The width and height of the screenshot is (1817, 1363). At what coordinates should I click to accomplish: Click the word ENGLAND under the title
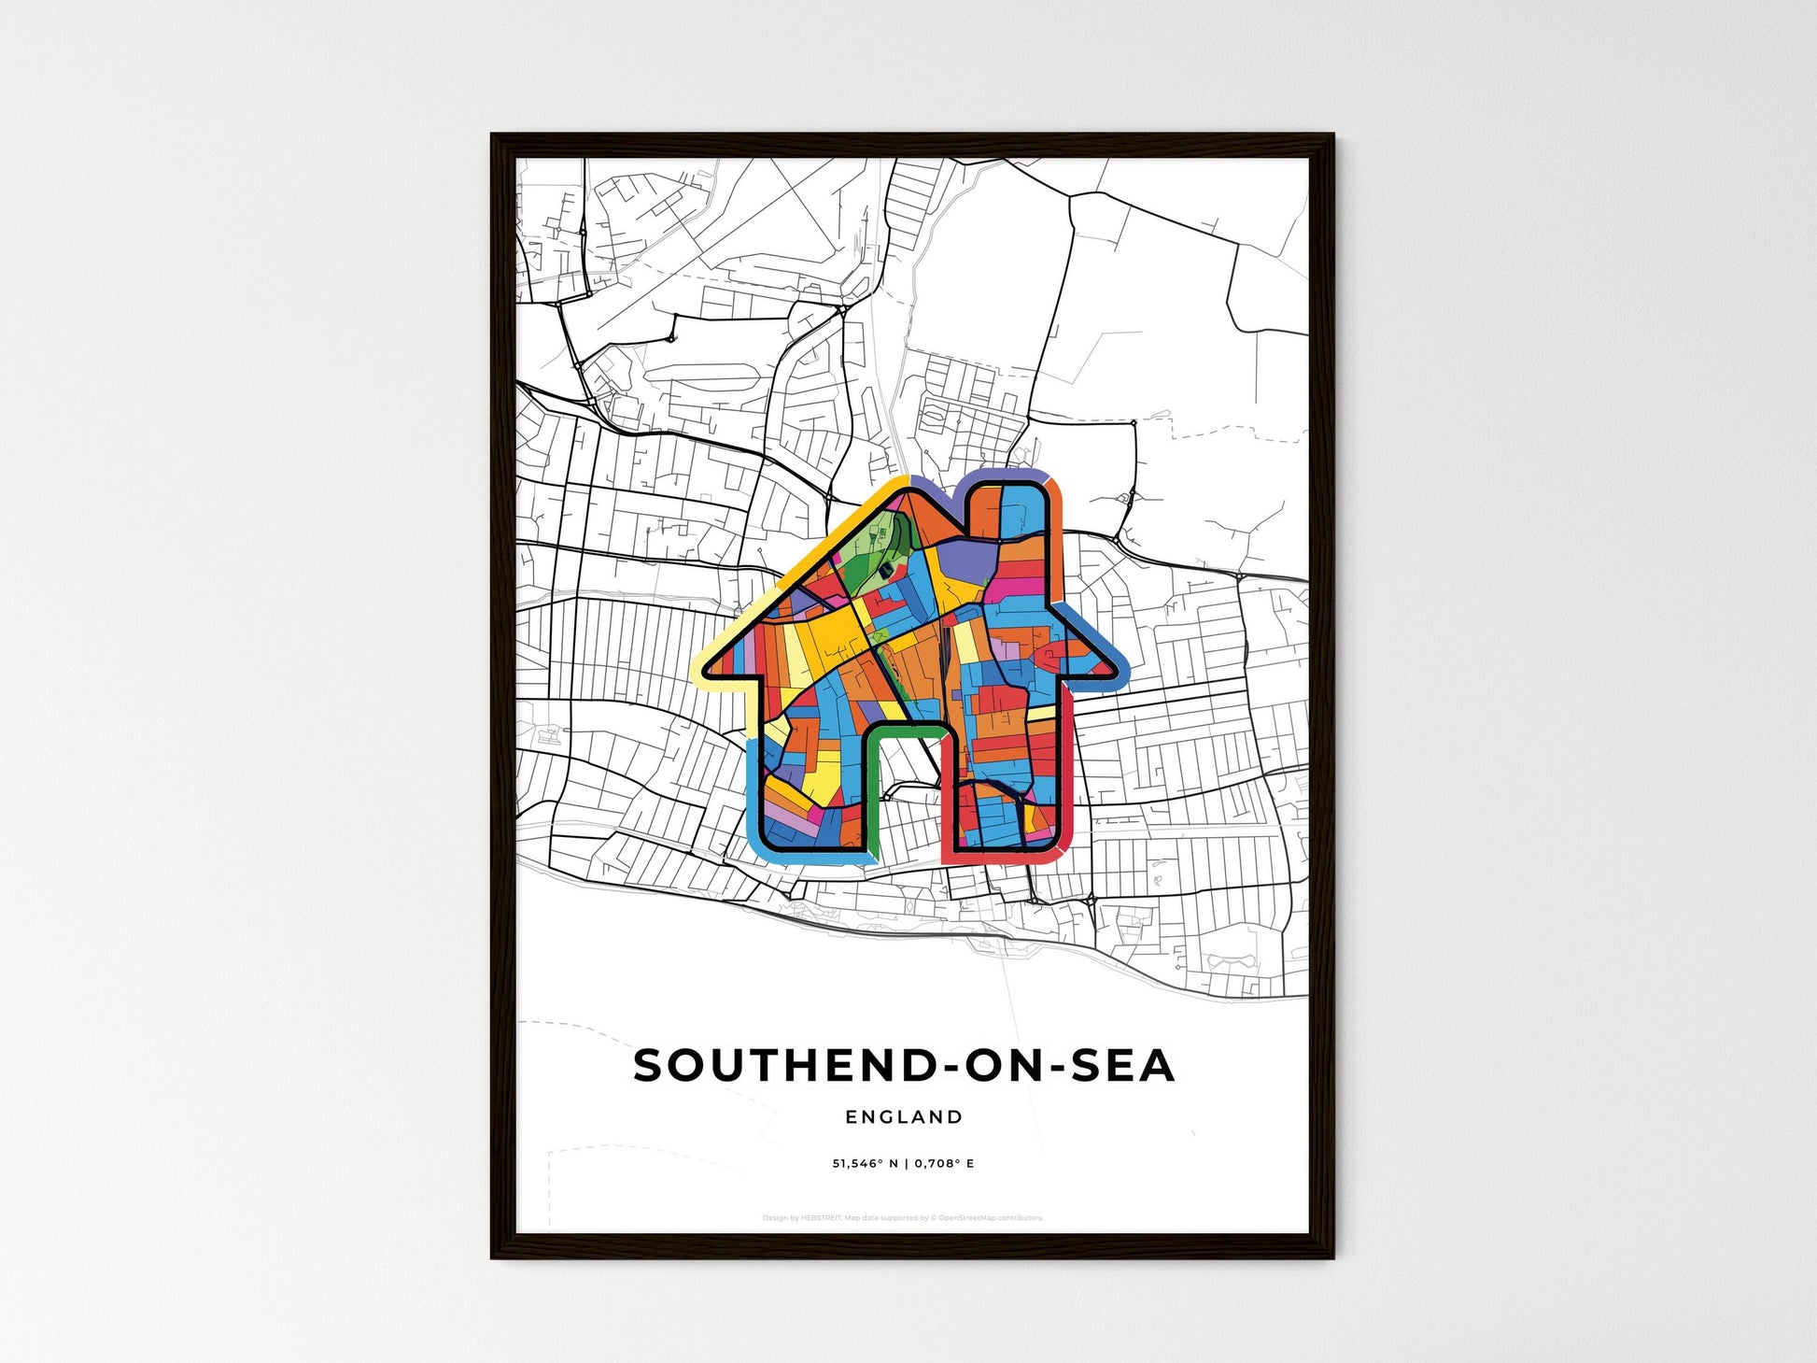tap(903, 1116)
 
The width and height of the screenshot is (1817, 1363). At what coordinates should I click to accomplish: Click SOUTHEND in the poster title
tap(782, 1066)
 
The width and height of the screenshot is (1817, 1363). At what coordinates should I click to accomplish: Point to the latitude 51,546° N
tap(865, 1164)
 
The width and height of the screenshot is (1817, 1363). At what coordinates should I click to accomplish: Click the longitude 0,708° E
tap(944, 1164)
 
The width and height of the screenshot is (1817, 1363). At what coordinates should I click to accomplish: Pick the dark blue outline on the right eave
tap(1102, 636)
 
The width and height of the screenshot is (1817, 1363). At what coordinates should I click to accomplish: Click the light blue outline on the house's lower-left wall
tap(754, 794)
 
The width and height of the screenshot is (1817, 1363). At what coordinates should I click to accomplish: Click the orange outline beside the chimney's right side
tap(1059, 523)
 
